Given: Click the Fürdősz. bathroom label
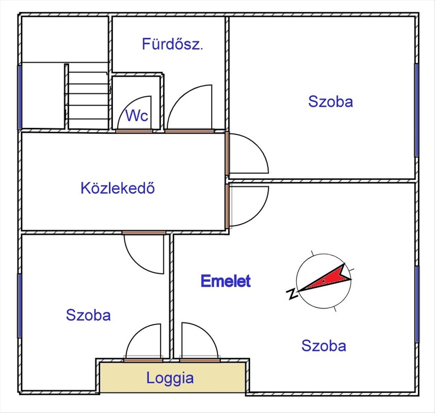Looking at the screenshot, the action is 172,44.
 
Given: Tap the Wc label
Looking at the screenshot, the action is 137,116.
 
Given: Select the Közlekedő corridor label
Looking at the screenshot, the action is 118,188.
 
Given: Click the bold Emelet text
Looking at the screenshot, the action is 226,281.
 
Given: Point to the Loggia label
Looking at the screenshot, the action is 170,378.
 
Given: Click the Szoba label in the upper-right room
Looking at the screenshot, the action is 330,102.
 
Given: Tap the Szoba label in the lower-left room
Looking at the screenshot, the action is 88,315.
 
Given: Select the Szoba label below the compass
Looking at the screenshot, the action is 323,345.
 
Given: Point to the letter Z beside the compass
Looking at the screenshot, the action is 292,293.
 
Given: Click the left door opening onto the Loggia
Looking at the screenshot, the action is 143,341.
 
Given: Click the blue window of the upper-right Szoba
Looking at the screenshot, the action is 417,110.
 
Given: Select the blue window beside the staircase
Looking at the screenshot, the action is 19,97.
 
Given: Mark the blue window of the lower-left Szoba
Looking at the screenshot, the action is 19,306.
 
